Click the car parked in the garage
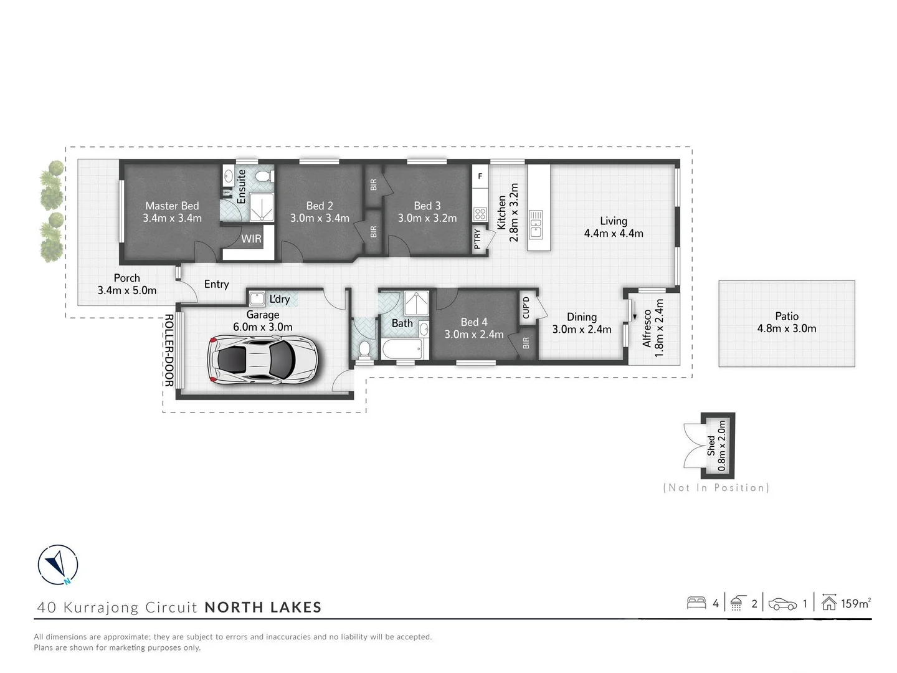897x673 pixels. click(262, 359)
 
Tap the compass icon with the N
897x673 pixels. click(58, 565)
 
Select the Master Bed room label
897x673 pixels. click(172, 206)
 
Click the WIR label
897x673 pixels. click(251, 239)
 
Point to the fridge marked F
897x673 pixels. click(480, 176)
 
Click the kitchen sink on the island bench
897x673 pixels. click(535, 224)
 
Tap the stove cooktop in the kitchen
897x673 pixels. click(480, 214)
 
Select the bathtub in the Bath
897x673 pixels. click(402, 349)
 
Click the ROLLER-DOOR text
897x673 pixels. click(168, 350)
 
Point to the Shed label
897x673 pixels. click(711, 446)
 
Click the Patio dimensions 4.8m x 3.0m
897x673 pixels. click(787, 329)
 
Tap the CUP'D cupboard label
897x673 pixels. click(526, 307)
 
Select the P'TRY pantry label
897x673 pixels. click(478, 239)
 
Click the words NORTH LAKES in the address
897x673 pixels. click(263, 607)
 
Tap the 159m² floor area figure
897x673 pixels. click(855, 603)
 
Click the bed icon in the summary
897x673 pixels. click(696, 603)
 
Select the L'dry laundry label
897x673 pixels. click(280, 299)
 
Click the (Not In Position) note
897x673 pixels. click(716, 488)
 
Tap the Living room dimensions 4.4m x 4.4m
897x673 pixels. click(614, 234)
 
